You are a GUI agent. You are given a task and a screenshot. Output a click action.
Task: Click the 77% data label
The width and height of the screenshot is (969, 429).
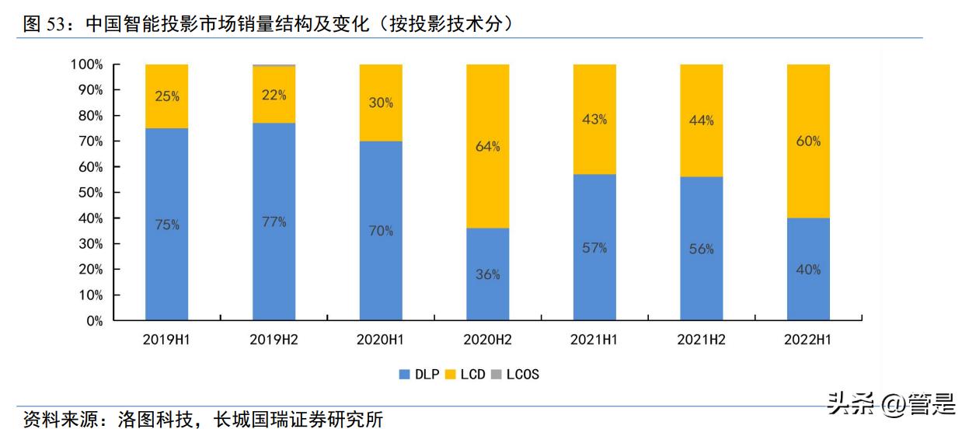coord(274,222)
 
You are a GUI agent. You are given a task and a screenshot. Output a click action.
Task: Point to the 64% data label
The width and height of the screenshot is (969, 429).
coord(487,146)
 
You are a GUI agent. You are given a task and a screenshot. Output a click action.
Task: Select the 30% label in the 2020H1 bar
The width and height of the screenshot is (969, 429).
coord(381,103)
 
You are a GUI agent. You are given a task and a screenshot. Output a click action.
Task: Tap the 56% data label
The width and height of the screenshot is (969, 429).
coord(701,249)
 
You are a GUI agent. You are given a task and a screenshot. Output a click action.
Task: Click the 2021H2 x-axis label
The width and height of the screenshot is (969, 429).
coord(701,340)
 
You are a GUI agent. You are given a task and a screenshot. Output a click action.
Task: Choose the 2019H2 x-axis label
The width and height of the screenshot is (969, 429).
coord(274,340)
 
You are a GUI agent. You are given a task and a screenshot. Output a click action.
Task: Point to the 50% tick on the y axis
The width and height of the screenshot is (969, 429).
coord(89,193)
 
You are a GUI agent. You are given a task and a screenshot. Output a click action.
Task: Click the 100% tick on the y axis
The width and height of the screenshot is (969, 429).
coord(86,65)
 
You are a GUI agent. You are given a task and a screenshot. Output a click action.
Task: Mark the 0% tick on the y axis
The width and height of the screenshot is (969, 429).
coord(93,321)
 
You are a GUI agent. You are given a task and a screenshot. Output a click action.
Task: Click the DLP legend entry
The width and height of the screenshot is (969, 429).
coord(419,375)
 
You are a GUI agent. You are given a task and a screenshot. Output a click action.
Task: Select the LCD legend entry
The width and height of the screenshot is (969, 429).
coord(466,375)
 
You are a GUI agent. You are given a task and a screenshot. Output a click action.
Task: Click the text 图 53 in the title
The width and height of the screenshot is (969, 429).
coord(43,24)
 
